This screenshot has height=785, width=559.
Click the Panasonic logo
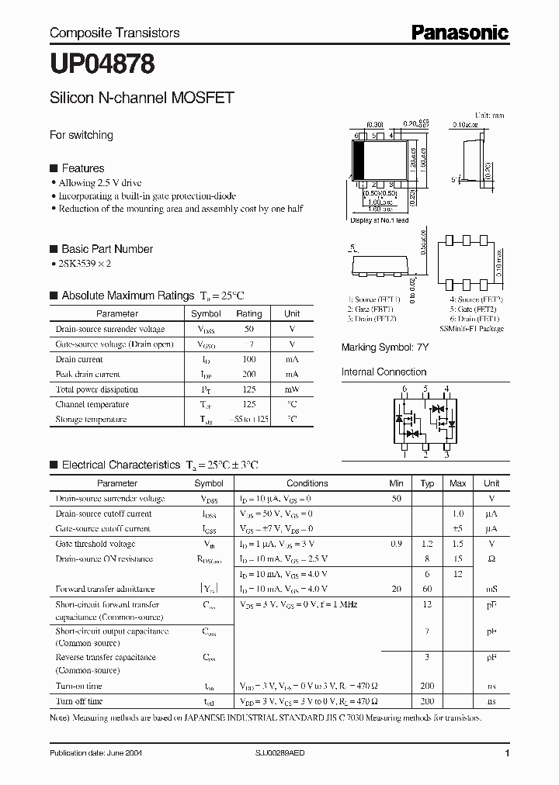coord(460,32)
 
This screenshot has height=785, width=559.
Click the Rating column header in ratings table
coord(249,313)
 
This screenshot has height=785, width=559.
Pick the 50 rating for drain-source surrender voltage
coord(249,329)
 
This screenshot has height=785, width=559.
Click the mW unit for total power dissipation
coord(292,389)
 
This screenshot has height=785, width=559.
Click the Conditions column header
coord(307,483)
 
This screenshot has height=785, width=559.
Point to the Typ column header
coord(427,483)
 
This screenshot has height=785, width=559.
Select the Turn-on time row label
coord(79,686)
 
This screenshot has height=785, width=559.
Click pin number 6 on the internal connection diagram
coord(404,388)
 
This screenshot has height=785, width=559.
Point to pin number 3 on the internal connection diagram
coord(446,456)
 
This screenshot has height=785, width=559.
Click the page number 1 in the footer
coord(507,753)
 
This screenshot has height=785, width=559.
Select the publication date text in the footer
coord(95,753)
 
